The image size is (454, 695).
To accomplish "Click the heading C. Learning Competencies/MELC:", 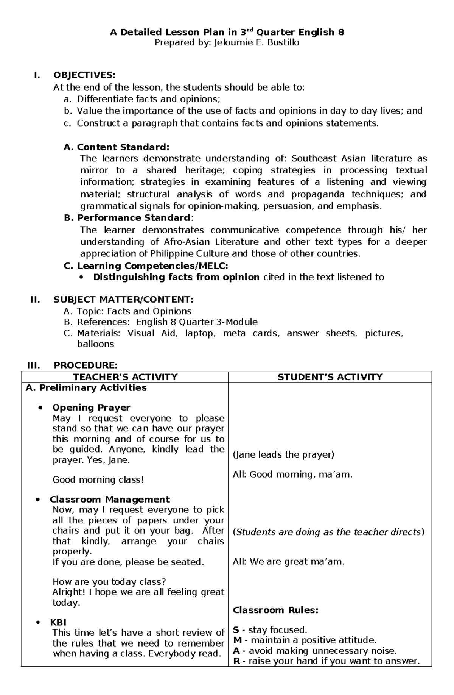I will [x=146, y=266].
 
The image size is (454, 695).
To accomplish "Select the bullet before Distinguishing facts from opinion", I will [x=82, y=278].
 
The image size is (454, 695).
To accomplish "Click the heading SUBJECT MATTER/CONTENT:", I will [x=123, y=300].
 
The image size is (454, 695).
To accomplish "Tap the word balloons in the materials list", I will [x=95, y=344].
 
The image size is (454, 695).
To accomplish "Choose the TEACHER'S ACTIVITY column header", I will [x=125, y=377].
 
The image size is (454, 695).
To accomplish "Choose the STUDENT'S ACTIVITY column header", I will [x=330, y=377].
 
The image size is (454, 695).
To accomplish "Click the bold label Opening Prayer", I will [x=91, y=408].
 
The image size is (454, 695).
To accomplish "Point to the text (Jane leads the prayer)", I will [x=283, y=454].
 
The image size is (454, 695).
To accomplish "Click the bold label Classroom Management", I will [x=110, y=499].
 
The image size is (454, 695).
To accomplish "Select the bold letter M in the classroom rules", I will [x=237, y=640].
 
